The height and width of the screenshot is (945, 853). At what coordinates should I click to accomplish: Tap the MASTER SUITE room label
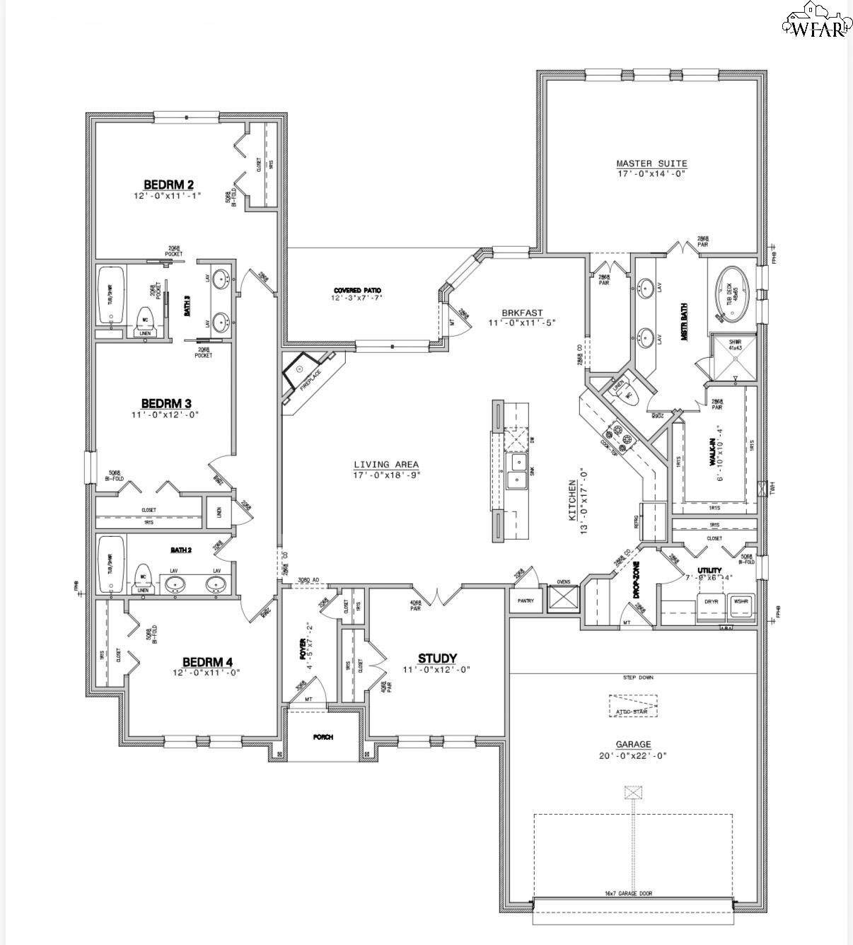click(x=651, y=164)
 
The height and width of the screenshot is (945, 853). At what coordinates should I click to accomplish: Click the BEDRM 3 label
click(x=166, y=404)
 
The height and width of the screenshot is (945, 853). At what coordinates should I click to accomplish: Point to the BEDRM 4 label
click(x=207, y=662)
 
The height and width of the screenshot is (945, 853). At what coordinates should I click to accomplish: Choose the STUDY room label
click(x=437, y=659)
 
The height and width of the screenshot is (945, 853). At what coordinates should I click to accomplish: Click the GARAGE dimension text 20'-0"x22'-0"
click(x=633, y=755)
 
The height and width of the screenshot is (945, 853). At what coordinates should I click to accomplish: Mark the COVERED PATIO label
click(x=357, y=291)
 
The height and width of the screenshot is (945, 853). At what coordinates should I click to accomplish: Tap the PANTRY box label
click(x=526, y=601)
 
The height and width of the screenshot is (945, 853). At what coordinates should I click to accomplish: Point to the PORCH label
click(x=323, y=737)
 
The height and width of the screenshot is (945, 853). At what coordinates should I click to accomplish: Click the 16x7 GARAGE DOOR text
click(x=628, y=893)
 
